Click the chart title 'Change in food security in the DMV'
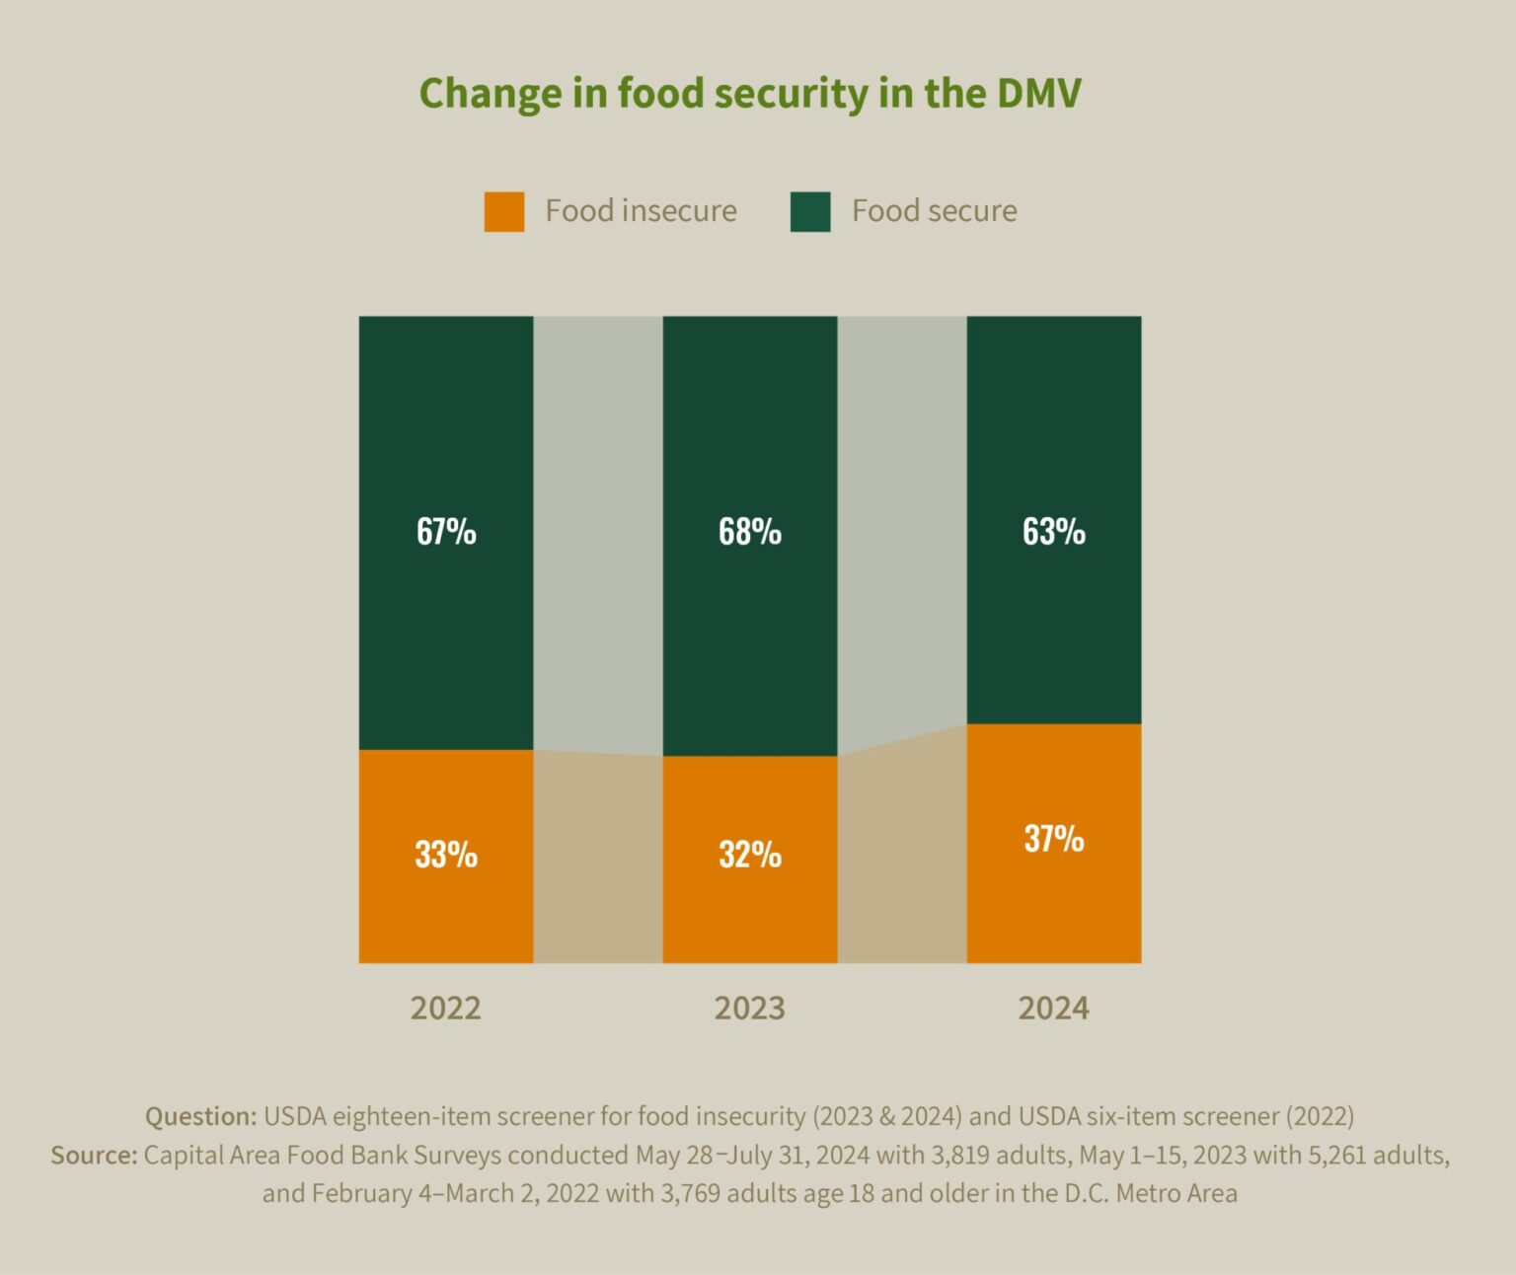click(x=750, y=94)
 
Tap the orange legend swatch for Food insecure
click(x=503, y=211)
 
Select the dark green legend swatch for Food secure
click(x=810, y=211)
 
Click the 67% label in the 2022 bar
click(x=446, y=532)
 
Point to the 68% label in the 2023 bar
click(x=750, y=532)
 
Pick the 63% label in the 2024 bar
click(x=1053, y=532)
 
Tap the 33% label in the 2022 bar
click(x=446, y=855)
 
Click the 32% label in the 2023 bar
click(x=750, y=855)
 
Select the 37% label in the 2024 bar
click(x=1053, y=839)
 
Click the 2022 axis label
click(x=446, y=1009)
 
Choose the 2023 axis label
click(x=750, y=1009)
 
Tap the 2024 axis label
click(x=1053, y=1009)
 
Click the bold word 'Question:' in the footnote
click(x=200, y=1116)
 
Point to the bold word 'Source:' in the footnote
click(x=94, y=1155)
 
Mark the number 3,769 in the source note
click(x=690, y=1193)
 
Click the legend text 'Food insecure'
click(x=641, y=211)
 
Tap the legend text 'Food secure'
click(x=934, y=211)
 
